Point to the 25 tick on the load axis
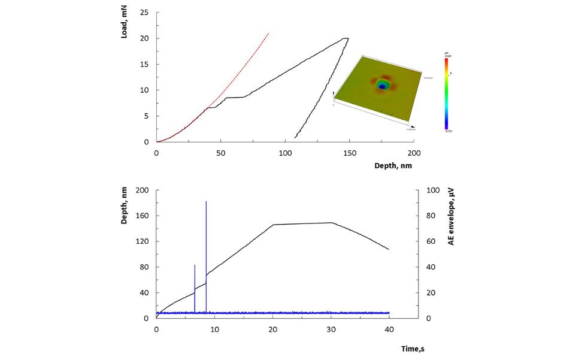(x=144, y=12)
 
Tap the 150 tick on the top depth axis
(x=350, y=152)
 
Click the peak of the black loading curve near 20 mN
(x=346, y=38)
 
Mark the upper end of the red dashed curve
(x=269, y=34)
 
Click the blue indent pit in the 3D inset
(x=381, y=86)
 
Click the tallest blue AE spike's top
(x=206, y=201)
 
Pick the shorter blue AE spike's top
(x=195, y=265)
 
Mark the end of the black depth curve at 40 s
(x=389, y=249)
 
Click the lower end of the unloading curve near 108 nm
(x=295, y=137)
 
